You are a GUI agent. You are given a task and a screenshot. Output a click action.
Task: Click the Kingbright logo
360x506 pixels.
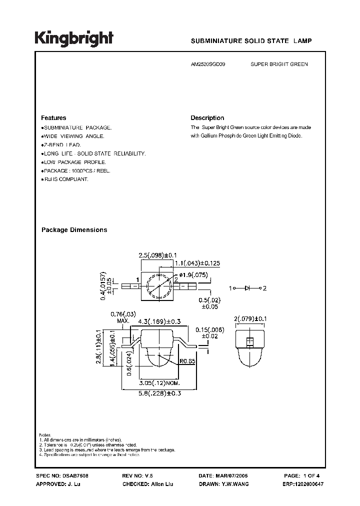[x=74, y=39]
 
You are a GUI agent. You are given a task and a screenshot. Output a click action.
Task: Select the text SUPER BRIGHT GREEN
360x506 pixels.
[x=279, y=64]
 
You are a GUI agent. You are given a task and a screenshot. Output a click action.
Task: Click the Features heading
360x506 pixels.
[x=53, y=118]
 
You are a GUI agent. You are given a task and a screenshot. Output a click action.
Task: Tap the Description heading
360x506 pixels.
[x=207, y=118]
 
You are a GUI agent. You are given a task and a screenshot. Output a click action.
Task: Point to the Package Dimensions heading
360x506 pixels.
[x=74, y=230]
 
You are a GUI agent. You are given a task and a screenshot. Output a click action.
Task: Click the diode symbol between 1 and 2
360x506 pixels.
[x=247, y=288]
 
